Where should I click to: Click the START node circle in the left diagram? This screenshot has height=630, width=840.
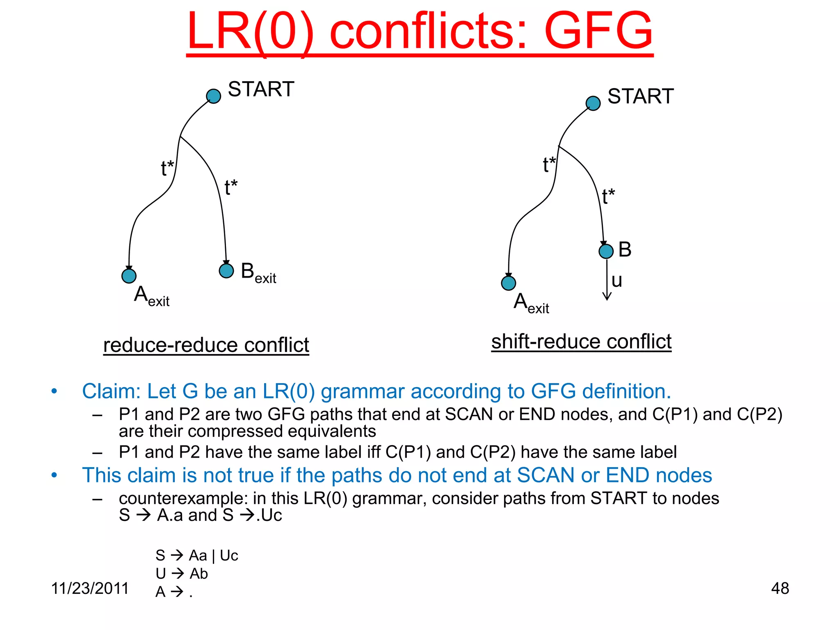[x=213, y=96]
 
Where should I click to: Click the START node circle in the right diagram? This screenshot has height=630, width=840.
[x=593, y=103]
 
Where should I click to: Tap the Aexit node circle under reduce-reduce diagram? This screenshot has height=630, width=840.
[x=129, y=276]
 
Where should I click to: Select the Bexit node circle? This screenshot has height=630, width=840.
[x=226, y=271]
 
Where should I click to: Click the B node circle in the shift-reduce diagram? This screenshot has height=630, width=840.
[x=606, y=251]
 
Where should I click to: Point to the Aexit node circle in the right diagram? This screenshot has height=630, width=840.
[x=509, y=283]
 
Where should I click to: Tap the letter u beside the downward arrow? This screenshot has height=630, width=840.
[x=617, y=281]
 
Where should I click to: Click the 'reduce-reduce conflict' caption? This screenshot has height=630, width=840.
[x=206, y=345]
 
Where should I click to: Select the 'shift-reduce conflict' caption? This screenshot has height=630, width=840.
[x=581, y=342]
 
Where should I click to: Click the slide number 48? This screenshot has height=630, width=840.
[x=780, y=588]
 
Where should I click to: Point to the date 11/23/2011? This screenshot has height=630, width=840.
[x=90, y=588]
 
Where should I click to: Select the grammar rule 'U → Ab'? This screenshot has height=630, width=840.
[x=182, y=573]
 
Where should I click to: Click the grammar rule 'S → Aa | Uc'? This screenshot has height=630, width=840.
[x=197, y=555]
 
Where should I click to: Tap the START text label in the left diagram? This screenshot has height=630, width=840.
[x=261, y=89]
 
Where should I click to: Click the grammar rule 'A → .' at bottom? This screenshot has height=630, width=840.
[x=174, y=591]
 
